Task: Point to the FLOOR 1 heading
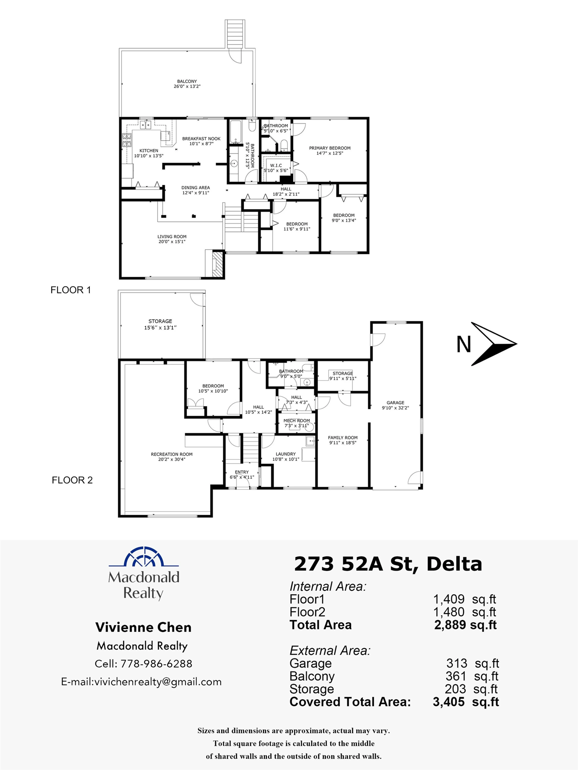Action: point(71,290)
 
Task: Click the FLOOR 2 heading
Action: point(72,480)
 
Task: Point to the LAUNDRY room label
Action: point(286,456)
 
